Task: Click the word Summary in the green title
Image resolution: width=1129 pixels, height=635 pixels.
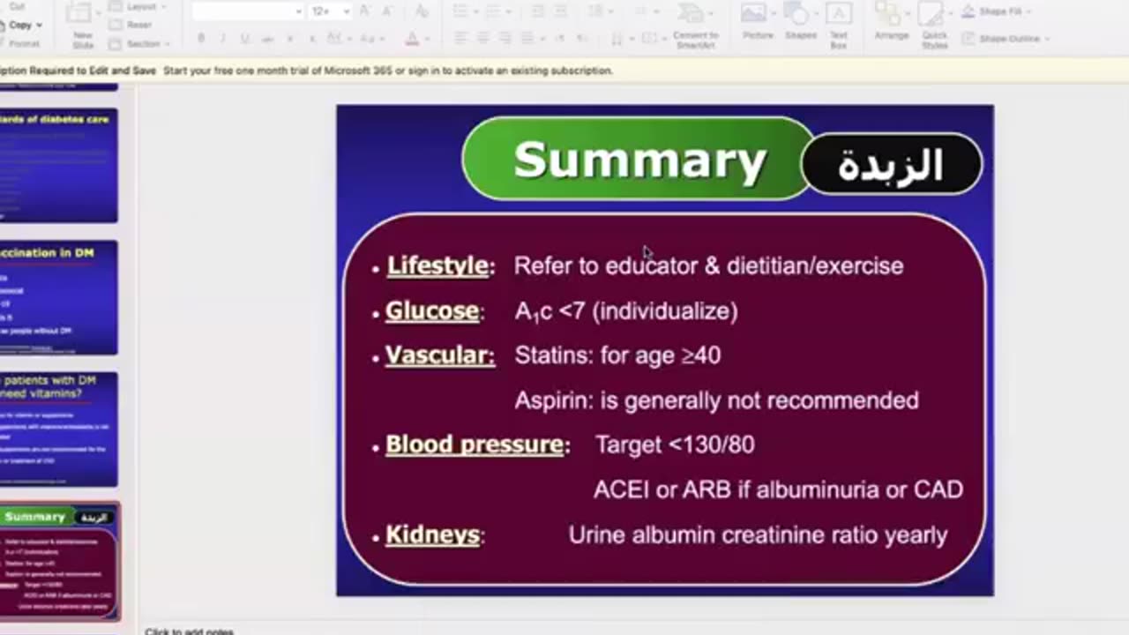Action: tap(639, 161)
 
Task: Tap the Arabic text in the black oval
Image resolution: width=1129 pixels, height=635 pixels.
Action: tap(891, 165)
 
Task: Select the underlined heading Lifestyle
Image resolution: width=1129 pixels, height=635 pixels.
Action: tap(437, 265)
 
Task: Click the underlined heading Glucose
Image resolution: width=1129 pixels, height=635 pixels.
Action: tap(432, 311)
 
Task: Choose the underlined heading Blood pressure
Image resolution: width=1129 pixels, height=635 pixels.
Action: tap(475, 444)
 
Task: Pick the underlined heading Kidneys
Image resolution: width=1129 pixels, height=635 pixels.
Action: tap(432, 535)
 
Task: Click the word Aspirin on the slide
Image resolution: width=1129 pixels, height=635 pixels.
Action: tap(554, 400)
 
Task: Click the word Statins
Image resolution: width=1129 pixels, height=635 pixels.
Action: tap(553, 355)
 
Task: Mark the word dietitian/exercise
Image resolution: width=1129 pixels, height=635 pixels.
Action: tap(815, 265)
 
